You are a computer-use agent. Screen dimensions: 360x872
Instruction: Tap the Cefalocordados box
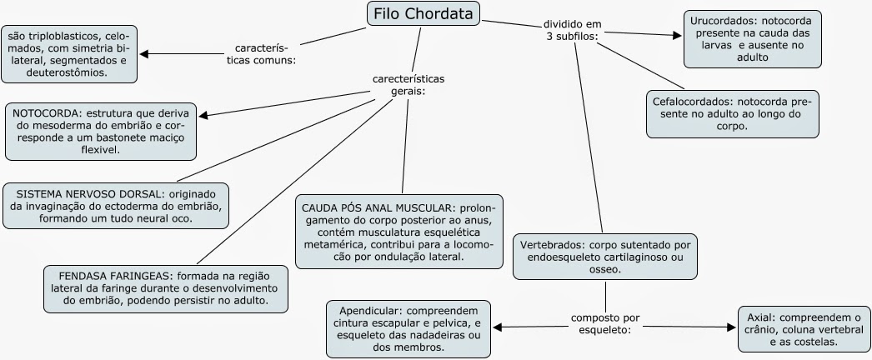pos(734,114)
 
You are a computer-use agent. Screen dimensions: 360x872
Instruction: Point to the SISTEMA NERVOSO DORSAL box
pos(116,204)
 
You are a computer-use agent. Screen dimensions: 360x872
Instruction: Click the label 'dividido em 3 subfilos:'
pos(572,31)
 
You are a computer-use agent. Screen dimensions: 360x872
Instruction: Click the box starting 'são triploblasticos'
pos(69,54)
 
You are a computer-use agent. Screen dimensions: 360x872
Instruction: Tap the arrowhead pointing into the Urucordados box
pos(678,36)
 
